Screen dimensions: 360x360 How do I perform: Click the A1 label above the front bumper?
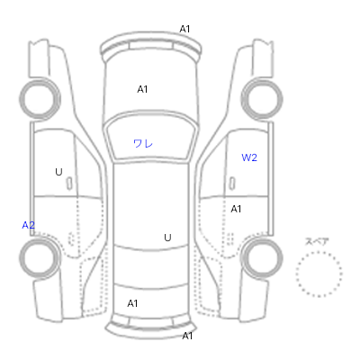point(184,29)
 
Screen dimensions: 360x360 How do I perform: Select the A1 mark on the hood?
point(142,89)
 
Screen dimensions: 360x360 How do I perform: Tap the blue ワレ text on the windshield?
point(143,143)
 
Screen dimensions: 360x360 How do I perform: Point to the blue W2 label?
point(249,157)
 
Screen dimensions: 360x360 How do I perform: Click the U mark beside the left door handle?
point(58,172)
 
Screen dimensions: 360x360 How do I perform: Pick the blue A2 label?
point(29,225)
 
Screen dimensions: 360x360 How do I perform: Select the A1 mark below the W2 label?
point(236,209)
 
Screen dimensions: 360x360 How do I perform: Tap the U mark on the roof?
point(167,238)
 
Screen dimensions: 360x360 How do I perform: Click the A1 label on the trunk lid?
point(132,303)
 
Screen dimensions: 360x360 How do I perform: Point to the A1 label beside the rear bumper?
point(187,336)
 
